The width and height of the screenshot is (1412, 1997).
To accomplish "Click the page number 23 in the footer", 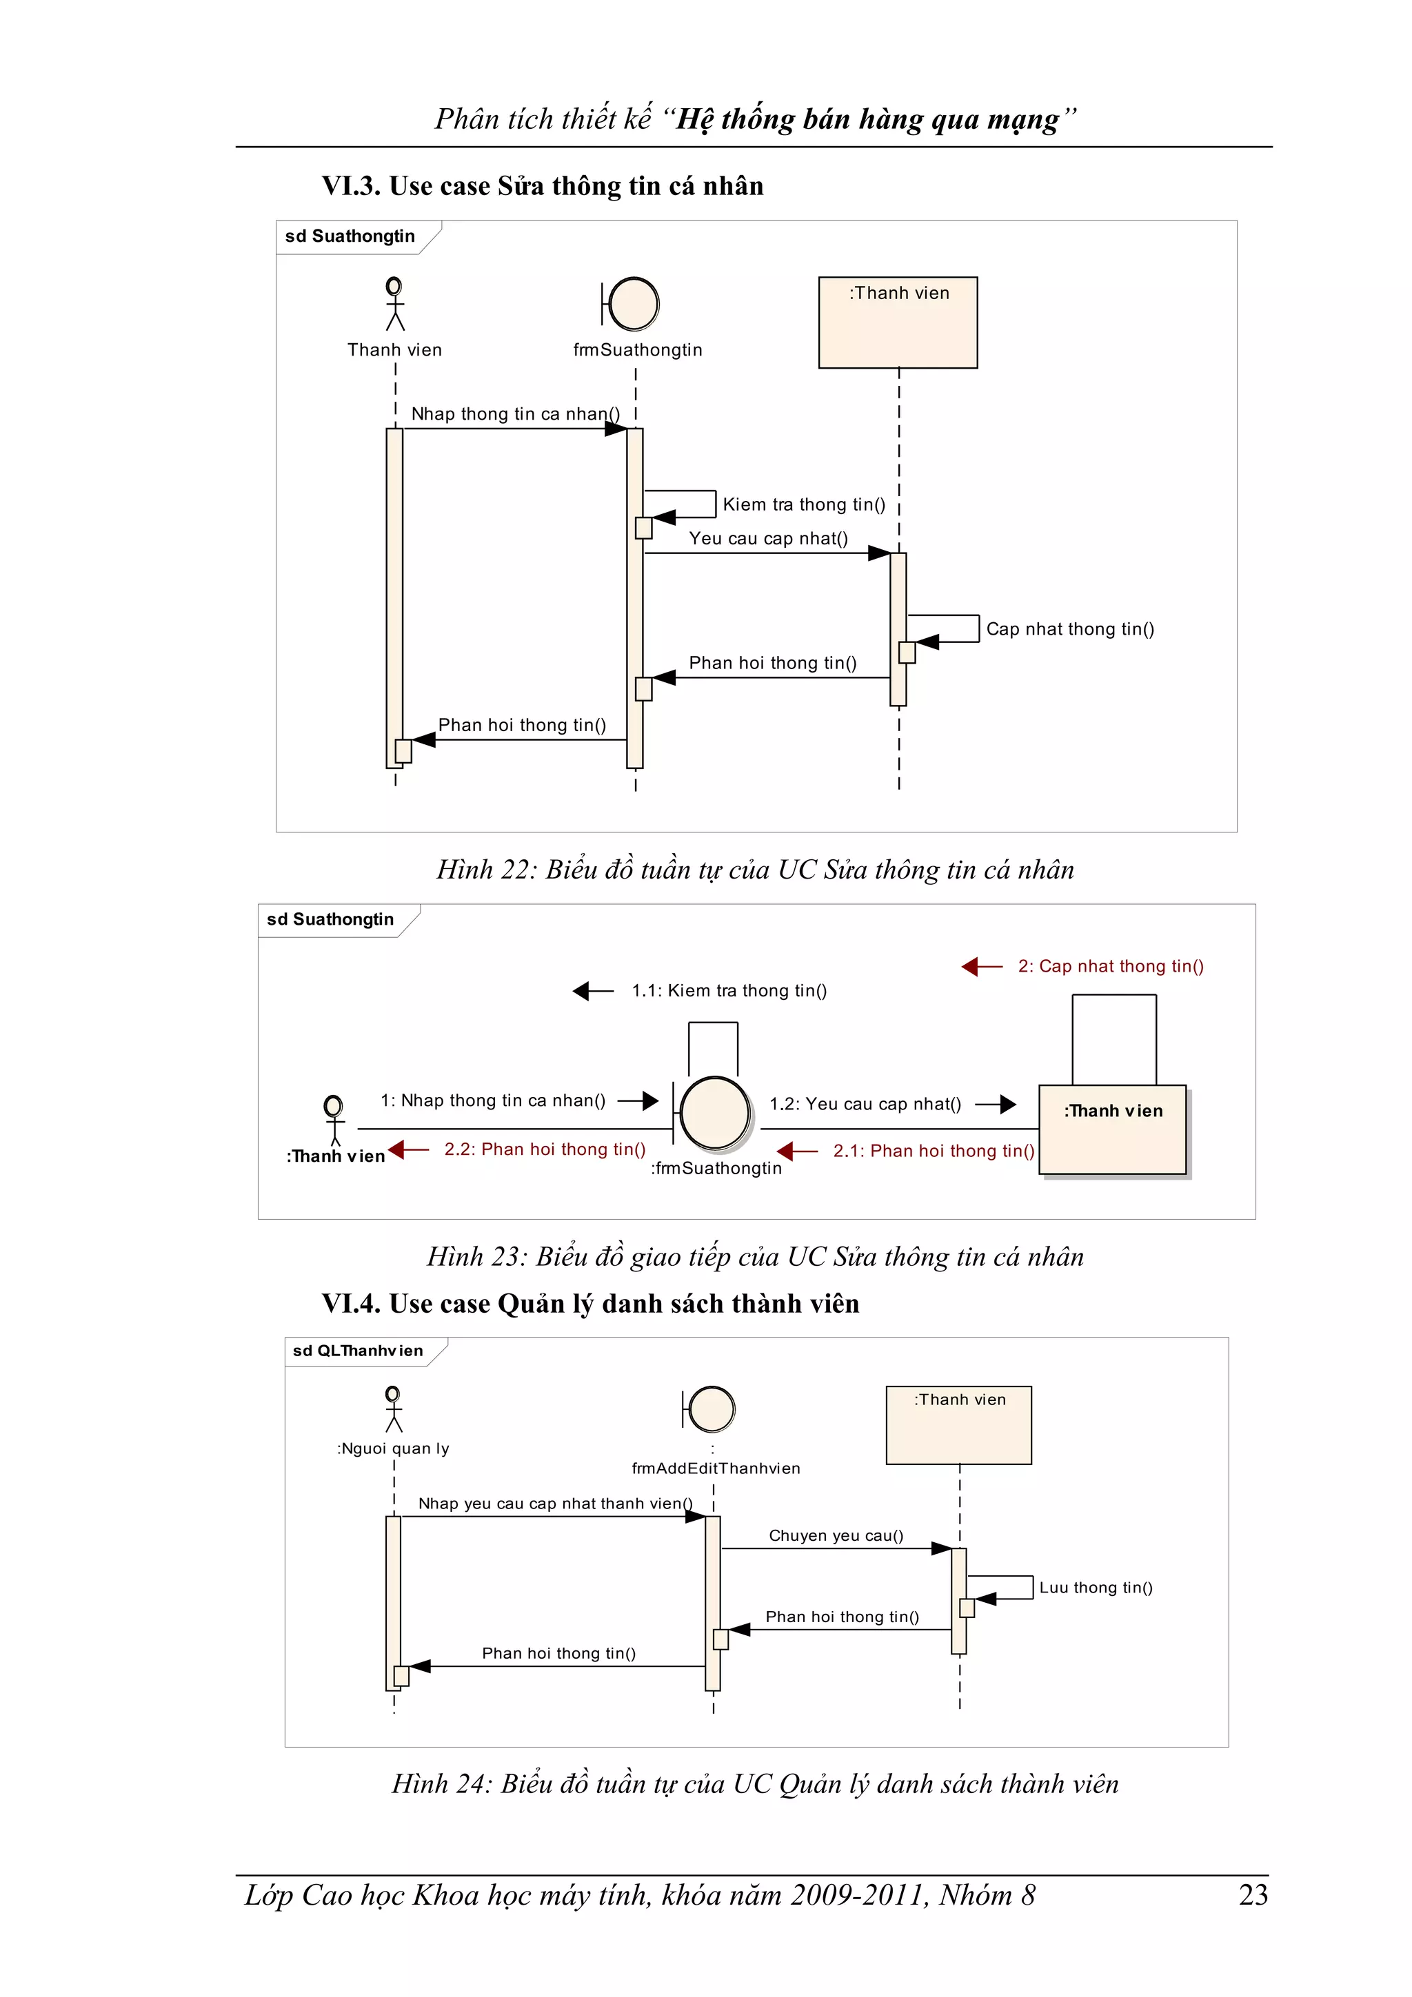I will point(1253,1894).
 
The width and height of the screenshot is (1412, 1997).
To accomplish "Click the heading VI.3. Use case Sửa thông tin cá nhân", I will point(542,186).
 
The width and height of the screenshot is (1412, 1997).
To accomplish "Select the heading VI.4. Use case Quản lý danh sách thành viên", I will point(590,1304).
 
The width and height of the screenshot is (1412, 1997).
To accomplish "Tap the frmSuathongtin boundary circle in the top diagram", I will point(634,304).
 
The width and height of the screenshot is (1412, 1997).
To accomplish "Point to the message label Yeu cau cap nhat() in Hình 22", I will point(768,538).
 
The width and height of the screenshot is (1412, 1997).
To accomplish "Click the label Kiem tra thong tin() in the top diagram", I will point(804,504).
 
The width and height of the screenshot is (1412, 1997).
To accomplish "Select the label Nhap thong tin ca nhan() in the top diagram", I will point(515,414).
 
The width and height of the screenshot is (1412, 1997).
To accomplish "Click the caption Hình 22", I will point(754,869).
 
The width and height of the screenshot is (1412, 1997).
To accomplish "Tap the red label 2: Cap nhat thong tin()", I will point(1110,966).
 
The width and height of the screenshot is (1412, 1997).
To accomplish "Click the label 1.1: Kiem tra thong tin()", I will point(729,991).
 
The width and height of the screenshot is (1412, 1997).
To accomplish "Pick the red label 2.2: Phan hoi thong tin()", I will point(545,1149).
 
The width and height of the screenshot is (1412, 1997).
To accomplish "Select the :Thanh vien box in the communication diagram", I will point(1113,1129).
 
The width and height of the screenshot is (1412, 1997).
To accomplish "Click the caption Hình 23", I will point(754,1257).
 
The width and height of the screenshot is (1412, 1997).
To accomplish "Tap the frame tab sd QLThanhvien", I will point(358,1351).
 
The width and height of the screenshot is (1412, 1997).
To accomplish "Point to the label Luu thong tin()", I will point(1096,1588).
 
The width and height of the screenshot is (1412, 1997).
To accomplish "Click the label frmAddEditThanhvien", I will point(715,1468).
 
